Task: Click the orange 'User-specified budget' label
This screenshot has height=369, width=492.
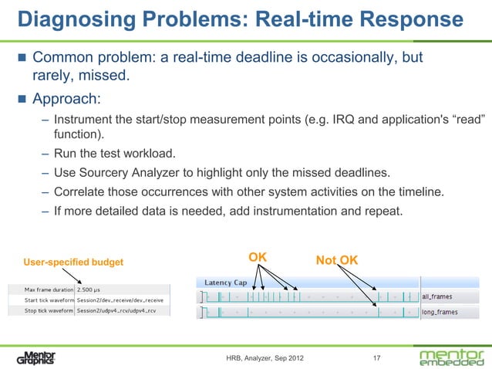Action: click(x=73, y=262)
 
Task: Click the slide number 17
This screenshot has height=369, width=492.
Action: click(x=376, y=358)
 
